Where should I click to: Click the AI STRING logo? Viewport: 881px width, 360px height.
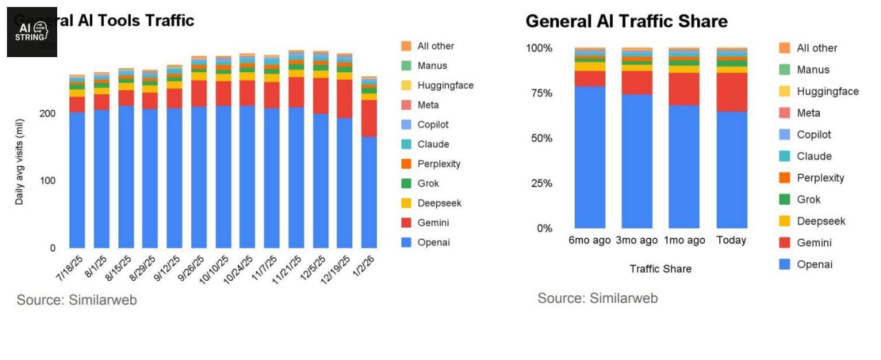[x=32, y=32]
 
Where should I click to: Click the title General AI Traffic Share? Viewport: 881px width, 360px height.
[x=626, y=21]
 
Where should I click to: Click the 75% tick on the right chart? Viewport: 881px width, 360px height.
[x=540, y=94]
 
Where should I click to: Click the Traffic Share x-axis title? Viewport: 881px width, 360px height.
[x=660, y=269]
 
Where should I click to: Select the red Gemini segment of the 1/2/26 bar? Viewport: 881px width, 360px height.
[x=369, y=118]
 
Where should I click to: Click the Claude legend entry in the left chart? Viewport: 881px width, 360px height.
[x=433, y=145]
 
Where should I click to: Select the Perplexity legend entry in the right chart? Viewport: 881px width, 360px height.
[x=820, y=178]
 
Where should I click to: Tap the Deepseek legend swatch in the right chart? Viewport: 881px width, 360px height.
[x=785, y=221]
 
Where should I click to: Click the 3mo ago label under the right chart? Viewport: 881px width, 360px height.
[x=637, y=240]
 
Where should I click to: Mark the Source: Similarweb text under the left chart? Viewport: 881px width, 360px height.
[x=76, y=300]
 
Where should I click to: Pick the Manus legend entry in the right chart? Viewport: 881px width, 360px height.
[x=813, y=70]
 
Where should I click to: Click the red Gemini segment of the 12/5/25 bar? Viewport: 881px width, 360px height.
[x=321, y=96]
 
